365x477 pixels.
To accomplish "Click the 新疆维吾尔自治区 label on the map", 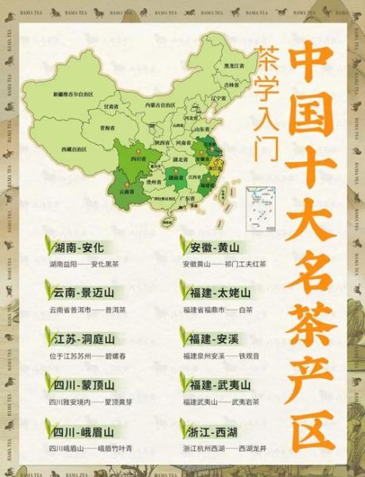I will [x=74, y=94].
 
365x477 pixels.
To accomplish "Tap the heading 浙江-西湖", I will [x=216, y=432].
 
